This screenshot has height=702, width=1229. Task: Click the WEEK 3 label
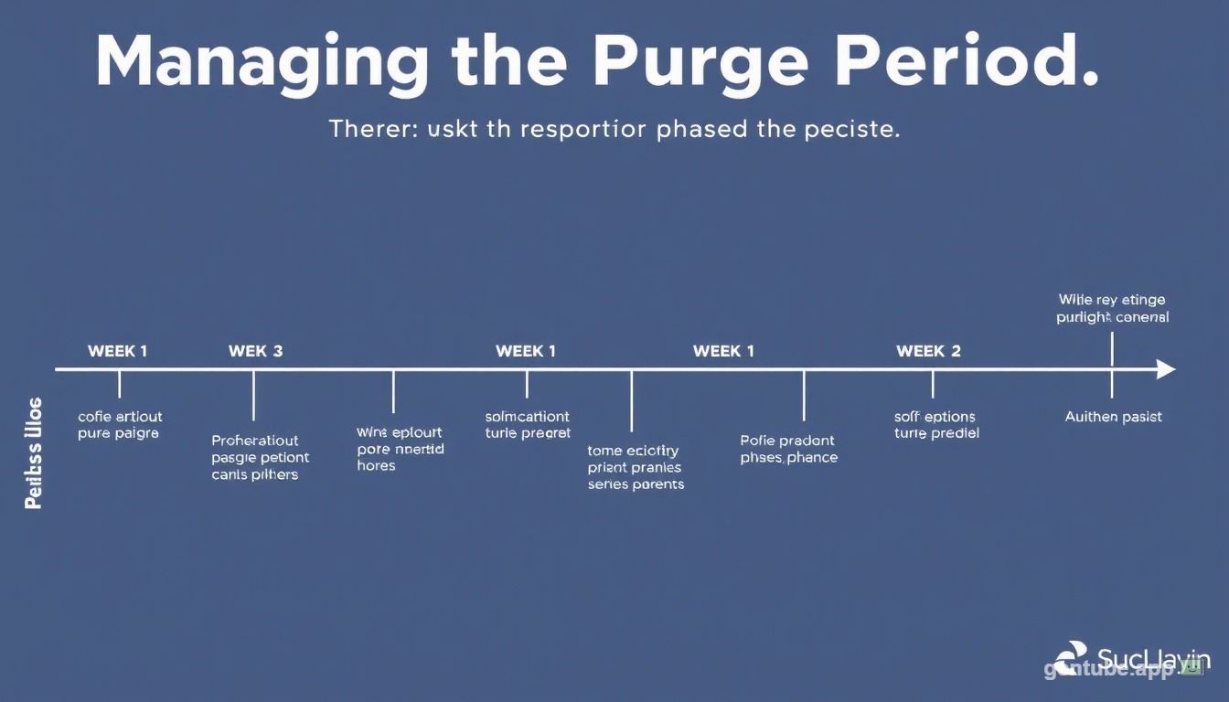coord(255,351)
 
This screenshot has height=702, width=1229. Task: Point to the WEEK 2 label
coord(928,351)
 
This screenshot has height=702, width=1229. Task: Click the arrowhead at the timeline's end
coord(1165,369)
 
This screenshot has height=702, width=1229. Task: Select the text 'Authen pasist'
coord(1113,417)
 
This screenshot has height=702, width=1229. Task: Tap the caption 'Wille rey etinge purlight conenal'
coord(1112,309)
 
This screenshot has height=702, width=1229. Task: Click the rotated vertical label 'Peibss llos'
coord(34,452)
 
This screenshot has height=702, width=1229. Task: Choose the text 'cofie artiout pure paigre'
coord(119,425)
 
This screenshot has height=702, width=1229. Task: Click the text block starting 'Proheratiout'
coord(261,457)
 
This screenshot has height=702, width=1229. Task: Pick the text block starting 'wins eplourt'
coord(400,449)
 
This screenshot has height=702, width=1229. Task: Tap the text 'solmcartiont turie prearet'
coord(528,425)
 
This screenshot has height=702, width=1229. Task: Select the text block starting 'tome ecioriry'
coord(636,467)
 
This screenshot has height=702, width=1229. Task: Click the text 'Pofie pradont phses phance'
coord(788,449)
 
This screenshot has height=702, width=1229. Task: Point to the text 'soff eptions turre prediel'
coord(935,425)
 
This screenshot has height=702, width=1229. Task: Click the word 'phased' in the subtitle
coord(701,130)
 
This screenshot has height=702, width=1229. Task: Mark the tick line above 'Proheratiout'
coord(253,395)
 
